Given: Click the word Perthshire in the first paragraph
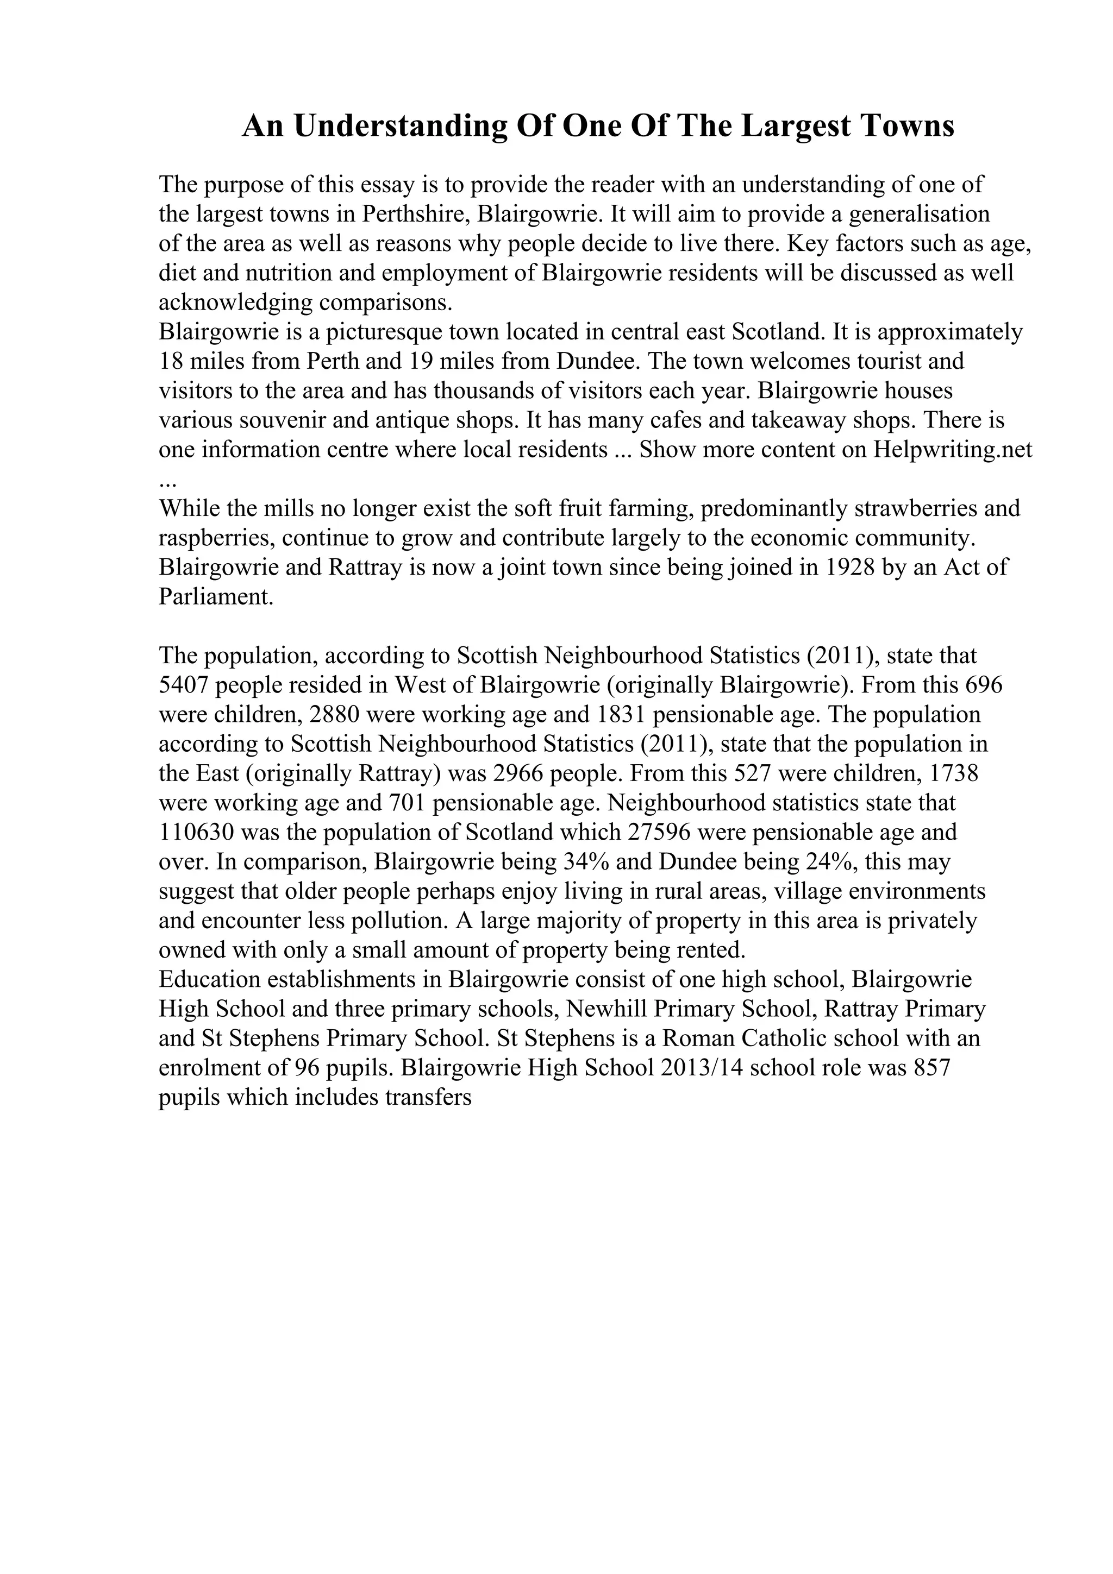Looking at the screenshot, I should coord(415,215).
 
